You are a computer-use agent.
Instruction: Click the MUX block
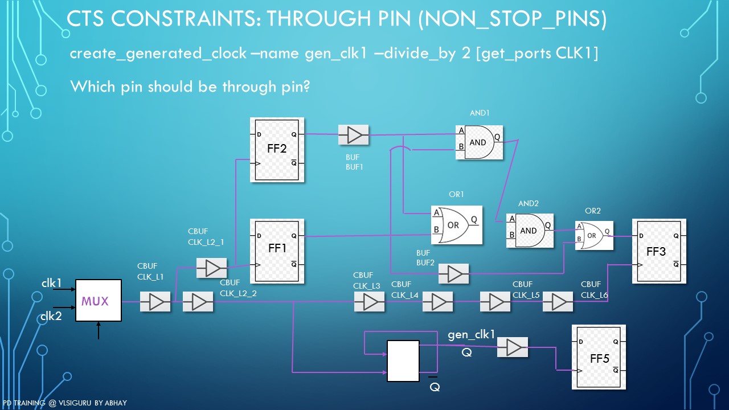(99, 301)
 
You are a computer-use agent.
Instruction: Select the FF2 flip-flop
(277, 150)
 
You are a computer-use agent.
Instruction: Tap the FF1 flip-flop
(277, 251)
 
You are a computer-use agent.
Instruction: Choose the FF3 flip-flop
(659, 251)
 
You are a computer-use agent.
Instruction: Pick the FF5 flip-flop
(599, 357)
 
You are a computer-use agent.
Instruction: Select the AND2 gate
(530, 231)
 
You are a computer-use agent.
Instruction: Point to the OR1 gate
(456, 225)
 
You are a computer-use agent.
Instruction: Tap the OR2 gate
(594, 235)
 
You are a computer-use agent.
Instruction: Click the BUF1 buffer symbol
(354, 135)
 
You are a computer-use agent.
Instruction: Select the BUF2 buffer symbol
(454, 274)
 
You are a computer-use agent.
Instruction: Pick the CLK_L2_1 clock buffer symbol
(211, 268)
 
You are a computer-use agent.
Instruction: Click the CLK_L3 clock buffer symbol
(369, 302)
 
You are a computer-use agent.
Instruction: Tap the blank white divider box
(403, 361)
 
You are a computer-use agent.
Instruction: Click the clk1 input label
(51, 283)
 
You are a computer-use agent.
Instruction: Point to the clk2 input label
(51, 317)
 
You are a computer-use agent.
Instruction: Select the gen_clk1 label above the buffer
(472, 334)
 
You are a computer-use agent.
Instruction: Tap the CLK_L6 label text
(595, 295)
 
